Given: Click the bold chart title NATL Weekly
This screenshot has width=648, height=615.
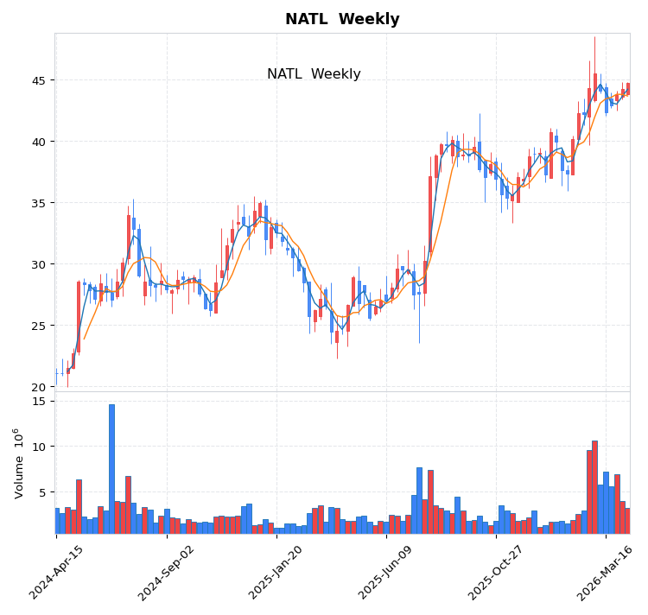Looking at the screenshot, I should tap(342, 19).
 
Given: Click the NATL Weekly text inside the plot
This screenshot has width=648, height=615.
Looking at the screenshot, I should tap(314, 74).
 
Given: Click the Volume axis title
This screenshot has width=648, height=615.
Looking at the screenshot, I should tap(18, 463).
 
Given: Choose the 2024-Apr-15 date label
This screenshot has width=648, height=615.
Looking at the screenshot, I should tap(57, 572).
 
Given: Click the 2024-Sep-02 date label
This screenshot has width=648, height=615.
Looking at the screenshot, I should tap(167, 572).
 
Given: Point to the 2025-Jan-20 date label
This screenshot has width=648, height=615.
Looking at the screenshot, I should tap(276, 572).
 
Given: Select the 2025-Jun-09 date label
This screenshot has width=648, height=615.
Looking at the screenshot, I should tap(386, 572).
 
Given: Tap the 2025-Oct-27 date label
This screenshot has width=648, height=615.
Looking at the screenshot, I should tap(496, 572).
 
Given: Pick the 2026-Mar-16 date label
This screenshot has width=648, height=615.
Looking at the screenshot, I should tap(606, 572).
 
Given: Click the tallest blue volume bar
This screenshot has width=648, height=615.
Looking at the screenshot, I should tap(111, 468).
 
